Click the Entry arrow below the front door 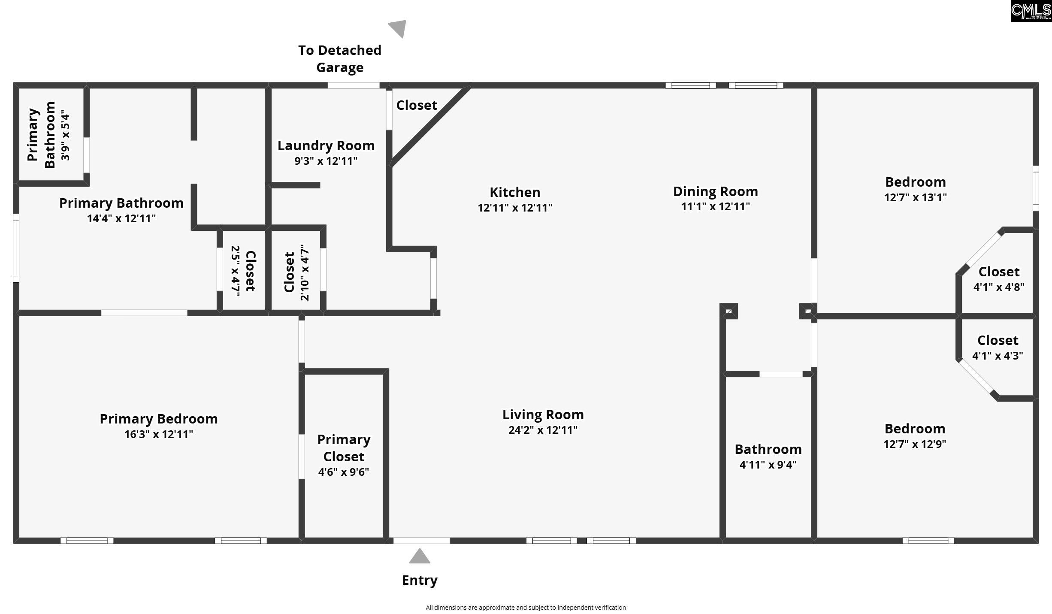[419, 557]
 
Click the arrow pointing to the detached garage [398, 28]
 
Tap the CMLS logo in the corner [1031, 11]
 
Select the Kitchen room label [515, 192]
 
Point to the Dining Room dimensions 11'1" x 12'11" [715, 206]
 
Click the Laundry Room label [326, 146]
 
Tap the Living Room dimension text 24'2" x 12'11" [543, 430]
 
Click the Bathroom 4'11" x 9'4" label [768, 457]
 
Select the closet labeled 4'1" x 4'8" [999, 279]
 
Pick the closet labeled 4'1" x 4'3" [998, 348]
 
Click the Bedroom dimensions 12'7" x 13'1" [915, 197]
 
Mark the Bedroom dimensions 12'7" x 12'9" [914, 444]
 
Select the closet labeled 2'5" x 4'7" [243, 270]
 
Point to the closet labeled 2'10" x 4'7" [296, 272]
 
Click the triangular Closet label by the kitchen [416, 105]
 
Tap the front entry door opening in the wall [421, 541]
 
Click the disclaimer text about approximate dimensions [526, 608]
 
